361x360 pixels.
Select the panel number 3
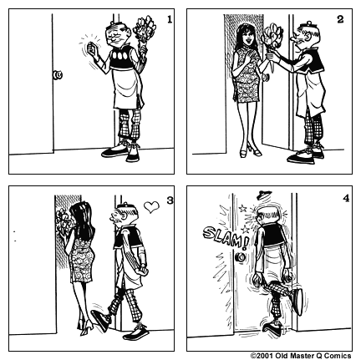[x=169, y=200]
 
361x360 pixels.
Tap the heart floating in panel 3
[x=150, y=204]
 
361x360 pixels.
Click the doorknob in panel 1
[x=58, y=75]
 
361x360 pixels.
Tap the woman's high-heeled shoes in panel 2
[x=248, y=150]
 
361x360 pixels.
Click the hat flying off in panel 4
[x=265, y=197]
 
